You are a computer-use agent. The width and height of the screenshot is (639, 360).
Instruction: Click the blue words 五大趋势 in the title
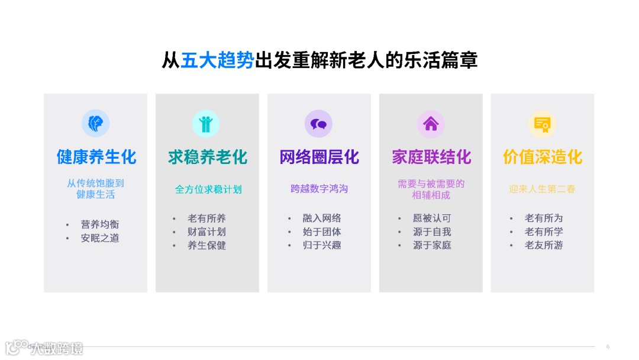click(217, 60)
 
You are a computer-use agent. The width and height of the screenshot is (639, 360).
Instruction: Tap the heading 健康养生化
click(96, 157)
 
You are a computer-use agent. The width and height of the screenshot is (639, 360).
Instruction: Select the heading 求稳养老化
click(207, 157)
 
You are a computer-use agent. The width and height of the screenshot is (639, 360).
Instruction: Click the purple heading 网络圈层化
click(319, 157)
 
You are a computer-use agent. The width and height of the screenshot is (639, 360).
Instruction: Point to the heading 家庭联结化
click(431, 157)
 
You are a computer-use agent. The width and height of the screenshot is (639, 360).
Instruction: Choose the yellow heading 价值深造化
click(543, 157)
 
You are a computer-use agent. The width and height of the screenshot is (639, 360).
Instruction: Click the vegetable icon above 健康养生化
click(95, 123)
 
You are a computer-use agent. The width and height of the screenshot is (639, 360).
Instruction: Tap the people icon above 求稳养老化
click(206, 124)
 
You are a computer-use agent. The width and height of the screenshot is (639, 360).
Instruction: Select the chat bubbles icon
click(318, 124)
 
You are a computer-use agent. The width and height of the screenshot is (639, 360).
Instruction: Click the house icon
click(431, 124)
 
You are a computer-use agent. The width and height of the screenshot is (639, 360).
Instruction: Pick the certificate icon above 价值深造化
click(542, 124)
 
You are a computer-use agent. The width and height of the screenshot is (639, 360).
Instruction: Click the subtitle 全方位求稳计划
click(208, 189)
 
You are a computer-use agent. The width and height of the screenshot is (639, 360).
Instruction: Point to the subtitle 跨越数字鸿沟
click(319, 189)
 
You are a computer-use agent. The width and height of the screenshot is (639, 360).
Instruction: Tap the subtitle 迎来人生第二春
click(542, 189)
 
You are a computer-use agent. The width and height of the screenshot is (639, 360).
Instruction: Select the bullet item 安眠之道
click(100, 238)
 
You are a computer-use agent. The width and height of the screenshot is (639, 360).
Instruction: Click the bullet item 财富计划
click(206, 232)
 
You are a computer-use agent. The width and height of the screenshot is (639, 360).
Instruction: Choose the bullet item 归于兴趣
click(322, 245)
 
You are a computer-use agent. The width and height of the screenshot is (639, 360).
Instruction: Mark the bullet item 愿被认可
click(432, 218)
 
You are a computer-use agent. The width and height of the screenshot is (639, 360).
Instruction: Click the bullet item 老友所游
click(544, 245)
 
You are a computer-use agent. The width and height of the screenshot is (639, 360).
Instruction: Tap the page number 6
click(608, 346)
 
